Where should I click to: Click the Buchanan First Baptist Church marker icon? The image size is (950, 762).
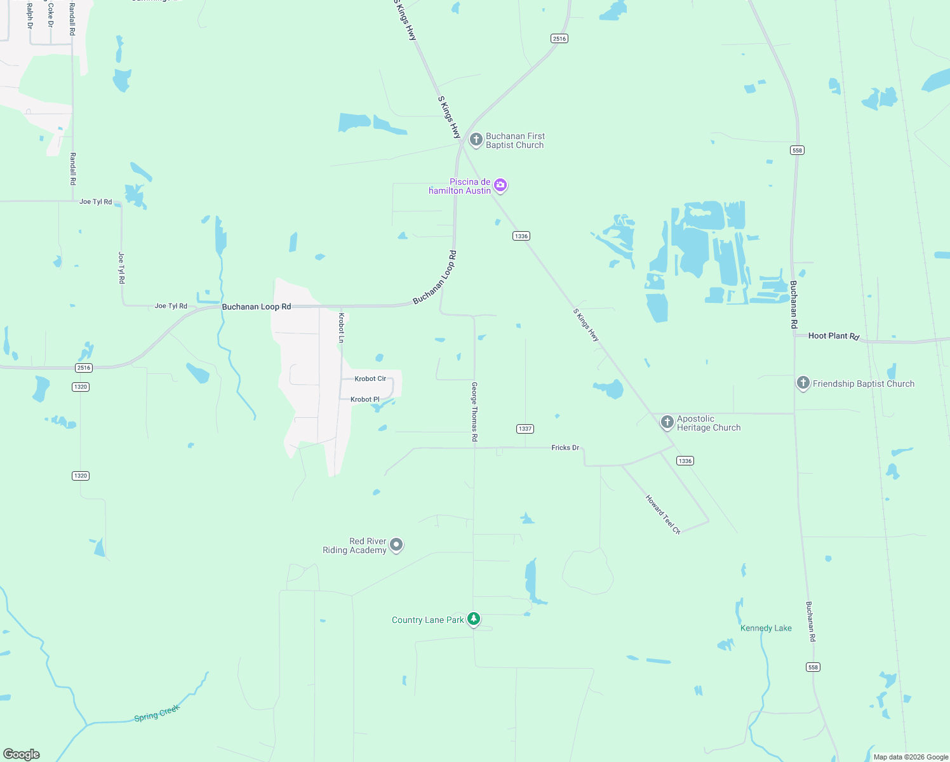coord(476,139)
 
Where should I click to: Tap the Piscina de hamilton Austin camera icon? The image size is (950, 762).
coord(500,185)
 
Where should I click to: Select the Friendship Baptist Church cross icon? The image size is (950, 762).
coord(803,383)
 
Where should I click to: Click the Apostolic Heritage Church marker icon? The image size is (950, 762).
coord(667,422)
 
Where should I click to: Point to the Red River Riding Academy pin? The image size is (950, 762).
coord(396,545)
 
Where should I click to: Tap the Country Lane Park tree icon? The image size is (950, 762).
coord(473,618)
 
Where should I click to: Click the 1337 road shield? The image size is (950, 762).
coord(525,429)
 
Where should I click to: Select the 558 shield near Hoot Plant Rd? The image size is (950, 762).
coord(797,150)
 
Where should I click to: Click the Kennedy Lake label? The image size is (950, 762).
coord(766,628)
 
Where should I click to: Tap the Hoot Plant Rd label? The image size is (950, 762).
coord(833,336)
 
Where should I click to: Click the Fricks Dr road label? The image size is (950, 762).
coord(565,448)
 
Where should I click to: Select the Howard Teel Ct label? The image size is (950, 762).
coord(663,514)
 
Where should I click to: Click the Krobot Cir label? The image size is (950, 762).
coord(370,378)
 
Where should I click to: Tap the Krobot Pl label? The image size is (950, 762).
coord(365,399)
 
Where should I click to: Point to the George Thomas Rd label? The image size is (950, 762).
coord(474,411)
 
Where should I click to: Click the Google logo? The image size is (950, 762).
coord(22,754)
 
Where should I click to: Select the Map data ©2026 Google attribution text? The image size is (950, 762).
coord(911,757)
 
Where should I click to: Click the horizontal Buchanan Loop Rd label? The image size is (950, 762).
coord(257,307)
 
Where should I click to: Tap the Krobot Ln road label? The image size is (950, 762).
coord(341,328)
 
